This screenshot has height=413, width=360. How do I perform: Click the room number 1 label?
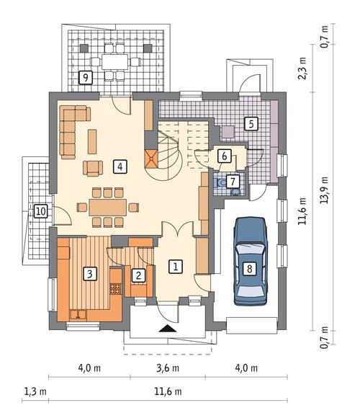[x=174, y=266]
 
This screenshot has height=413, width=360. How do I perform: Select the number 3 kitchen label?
[x=89, y=273]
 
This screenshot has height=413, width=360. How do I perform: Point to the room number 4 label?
[x=119, y=166]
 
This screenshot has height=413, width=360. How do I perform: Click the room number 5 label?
[x=249, y=123]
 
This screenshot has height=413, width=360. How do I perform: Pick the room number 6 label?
[x=224, y=155]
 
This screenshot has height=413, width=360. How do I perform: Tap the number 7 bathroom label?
[x=233, y=181]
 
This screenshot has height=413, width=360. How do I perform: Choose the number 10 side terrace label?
[x=41, y=211]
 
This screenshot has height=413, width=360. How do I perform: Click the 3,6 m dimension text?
[x=167, y=368]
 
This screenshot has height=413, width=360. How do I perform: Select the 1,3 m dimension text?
[x=35, y=391]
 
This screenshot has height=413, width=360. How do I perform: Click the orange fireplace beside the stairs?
[x=150, y=159]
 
